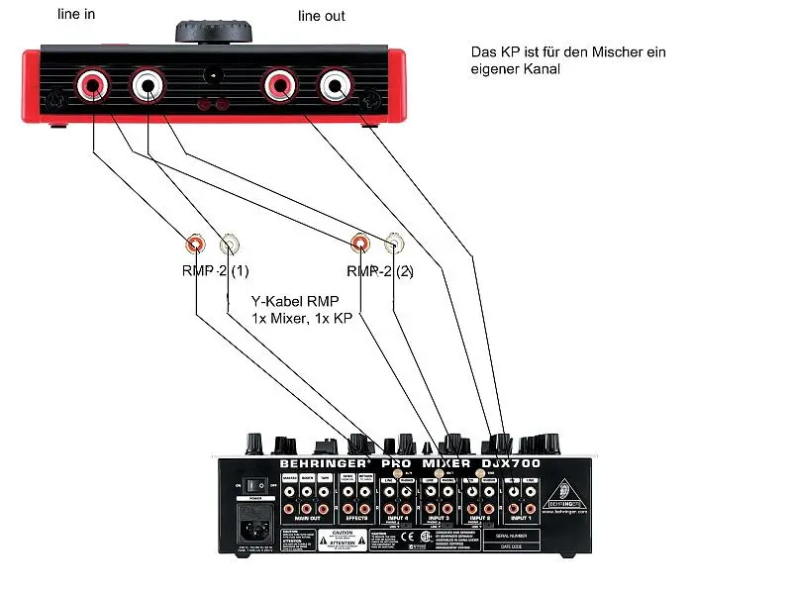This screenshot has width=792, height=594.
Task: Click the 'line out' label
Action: (x=322, y=16)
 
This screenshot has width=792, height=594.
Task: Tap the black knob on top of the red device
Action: (x=217, y=29)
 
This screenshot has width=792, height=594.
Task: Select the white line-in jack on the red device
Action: (x=148, y=86)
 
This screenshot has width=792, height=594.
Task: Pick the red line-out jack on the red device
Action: (x=278, y=86)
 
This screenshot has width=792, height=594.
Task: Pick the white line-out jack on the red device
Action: (x=335, y=86)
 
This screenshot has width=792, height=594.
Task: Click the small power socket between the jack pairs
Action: (x=211, y=74)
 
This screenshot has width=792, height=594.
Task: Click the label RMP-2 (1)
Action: (x=216, y=271)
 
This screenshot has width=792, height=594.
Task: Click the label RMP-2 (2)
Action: (x=381, y=271)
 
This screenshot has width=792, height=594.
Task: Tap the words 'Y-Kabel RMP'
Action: (x=294, y=301)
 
